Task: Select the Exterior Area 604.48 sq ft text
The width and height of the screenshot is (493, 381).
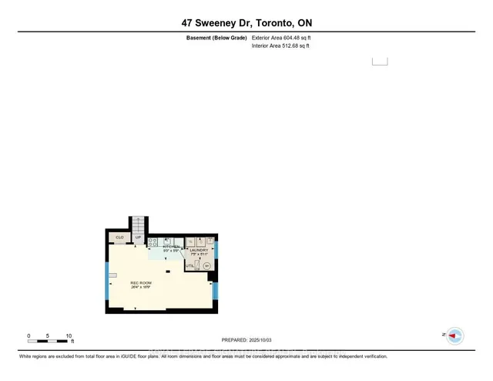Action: click(281, 37)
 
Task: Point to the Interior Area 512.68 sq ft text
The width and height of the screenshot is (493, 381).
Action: click(280, 46)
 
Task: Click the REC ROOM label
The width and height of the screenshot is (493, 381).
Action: click(140, 283)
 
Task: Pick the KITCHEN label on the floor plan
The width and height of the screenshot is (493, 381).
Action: click(171, 247)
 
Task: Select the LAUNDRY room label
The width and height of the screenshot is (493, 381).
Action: click(200, 250)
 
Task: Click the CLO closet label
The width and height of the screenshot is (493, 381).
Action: click(119, 237)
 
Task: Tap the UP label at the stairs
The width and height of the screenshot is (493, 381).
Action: click(139, 237)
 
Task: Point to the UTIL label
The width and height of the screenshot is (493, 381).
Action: click(189, 265)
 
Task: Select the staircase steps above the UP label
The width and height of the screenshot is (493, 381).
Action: click(139, 224)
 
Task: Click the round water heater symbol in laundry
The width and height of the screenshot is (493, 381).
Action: click(206, 266)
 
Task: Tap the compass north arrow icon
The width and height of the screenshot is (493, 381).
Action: click(455, 335)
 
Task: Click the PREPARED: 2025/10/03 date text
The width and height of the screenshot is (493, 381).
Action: click(246, 339)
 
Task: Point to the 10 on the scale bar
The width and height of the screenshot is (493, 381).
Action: click(69, 336)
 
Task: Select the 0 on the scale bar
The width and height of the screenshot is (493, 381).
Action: click(29, 336)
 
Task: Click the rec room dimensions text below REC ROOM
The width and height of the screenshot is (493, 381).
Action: click(140, 288)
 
